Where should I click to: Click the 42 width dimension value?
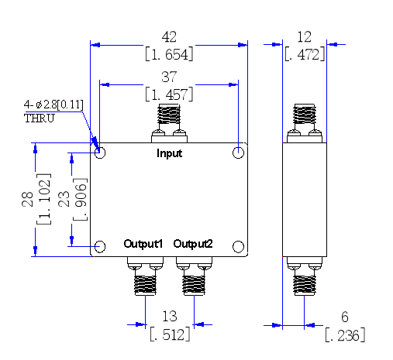pyautogui.click(x=169, y=36)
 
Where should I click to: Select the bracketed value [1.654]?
pyautogui.click(x=169, y=54)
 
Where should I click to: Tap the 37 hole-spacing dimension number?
pyautogui.click(x=169, y=77)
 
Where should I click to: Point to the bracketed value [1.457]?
pyautogui.click(x=169, y=94)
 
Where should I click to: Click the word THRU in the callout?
pyautogui.click(x=40, y=118)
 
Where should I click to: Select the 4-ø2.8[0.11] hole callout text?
pyautogui.click(x=53, y=105)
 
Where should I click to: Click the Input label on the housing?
pyautogui.click(x=170, y=153)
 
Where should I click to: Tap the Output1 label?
pyautogui.click(x=143, y=244)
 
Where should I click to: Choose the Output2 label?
pyautogui.click(x=193, y=244)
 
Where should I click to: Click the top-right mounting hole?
pyautogui.click(x=238, y=153)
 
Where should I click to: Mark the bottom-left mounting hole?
pyautogui.click(x=100, y=246)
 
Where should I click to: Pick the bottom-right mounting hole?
pyautogui.click(x=238, y=246)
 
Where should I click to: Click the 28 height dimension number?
pyautogui.click(x=27, y=199)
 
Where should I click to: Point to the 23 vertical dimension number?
pyautogui.click(x=64, y=199)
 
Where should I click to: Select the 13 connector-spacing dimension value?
pyautogui.click(x=170, y=316)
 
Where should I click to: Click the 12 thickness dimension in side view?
pyautogui.click(x=305, y=37)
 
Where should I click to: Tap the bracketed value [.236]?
pyautogui.click(x=345, y=335)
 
